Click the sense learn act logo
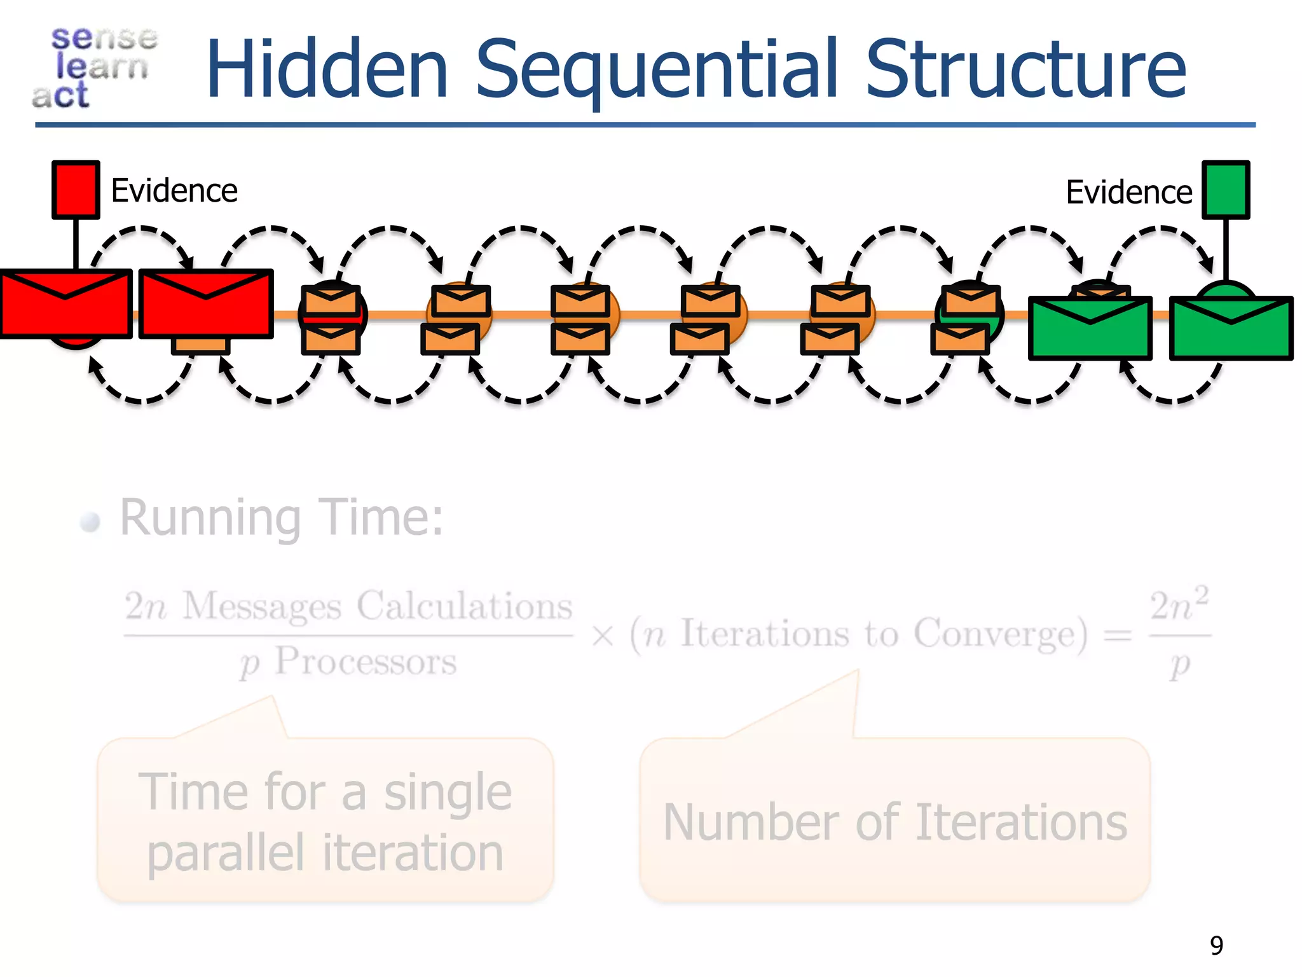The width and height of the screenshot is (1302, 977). pos(95,67)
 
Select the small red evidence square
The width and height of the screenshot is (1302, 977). pos(76,190)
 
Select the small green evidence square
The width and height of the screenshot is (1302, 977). pos(1225,190)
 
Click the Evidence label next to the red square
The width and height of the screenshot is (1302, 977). pos(174,191)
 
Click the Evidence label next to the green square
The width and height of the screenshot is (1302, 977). pos(1128,192)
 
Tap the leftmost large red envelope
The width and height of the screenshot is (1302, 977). pos(65,304)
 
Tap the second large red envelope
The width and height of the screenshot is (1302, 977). pos(206,304)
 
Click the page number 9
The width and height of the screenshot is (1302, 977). pos(1216,945)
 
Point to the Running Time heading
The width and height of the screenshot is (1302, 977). pos(281,518)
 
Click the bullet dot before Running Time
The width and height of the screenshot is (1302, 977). pos(90,522)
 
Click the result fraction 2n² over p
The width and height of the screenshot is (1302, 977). pos(1179,634)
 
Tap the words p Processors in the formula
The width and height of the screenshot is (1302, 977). pos(348,662)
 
